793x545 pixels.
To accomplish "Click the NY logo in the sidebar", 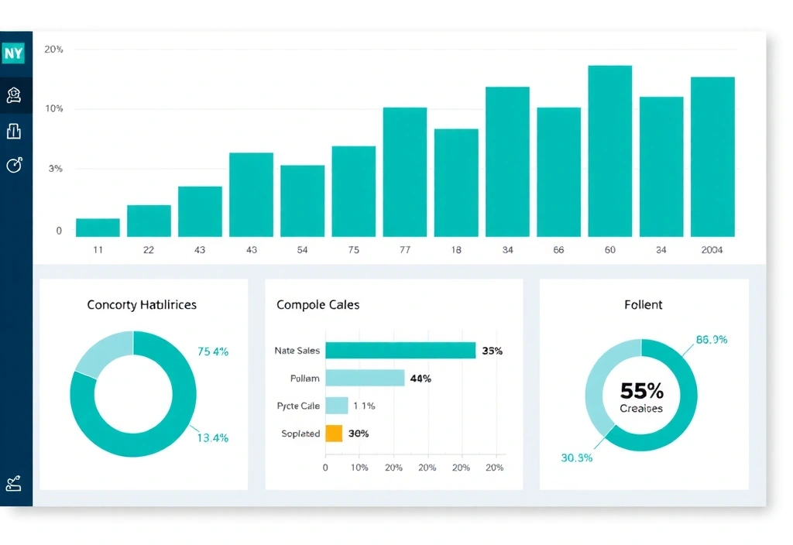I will [14, 53].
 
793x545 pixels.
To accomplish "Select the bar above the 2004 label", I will [712, 156].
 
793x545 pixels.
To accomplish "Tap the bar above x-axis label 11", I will [98, 227].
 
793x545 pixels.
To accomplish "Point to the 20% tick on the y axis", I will [53, 50].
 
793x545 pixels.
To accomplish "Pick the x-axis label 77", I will [405, 250].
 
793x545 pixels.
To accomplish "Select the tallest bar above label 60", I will [609, 151].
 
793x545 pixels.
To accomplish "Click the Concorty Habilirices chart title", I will [142, 305].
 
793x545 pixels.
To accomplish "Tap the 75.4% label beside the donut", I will [213, 351].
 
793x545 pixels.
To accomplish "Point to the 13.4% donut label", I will [212, 437].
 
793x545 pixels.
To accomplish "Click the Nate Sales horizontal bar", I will [400, 351].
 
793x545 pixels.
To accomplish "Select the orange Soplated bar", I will [334, 434].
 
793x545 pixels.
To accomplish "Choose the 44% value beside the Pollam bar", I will [421, 379].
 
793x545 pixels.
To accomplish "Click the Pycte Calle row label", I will [298, 406].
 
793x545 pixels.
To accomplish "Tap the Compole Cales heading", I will [318, 305].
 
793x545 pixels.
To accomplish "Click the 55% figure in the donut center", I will [641, 391].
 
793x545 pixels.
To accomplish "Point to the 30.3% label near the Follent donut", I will [576, 458].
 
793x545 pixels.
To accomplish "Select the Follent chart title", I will [643, 305].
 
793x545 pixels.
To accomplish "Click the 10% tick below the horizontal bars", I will [359, 468].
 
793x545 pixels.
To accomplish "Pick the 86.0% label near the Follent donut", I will [712, 339].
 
